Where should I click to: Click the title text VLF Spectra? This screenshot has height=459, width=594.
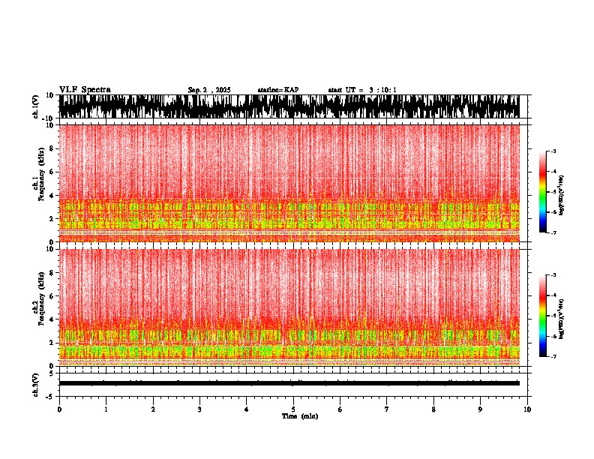85,89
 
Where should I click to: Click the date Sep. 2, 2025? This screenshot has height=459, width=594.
209,90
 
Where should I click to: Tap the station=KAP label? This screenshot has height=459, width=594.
278,90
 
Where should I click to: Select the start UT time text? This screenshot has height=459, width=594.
362,90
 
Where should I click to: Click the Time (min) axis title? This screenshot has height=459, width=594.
299,415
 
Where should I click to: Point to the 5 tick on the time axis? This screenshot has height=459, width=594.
293,409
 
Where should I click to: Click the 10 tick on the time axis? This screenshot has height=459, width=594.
528,409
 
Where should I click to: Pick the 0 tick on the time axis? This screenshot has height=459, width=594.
59,409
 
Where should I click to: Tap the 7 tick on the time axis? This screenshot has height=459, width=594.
387,409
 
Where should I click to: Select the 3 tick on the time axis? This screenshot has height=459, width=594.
199,409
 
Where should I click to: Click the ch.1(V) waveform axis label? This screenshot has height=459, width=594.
35,106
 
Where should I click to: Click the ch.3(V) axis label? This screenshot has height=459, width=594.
35,382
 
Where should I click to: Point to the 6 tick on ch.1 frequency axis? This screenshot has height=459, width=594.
52,172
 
